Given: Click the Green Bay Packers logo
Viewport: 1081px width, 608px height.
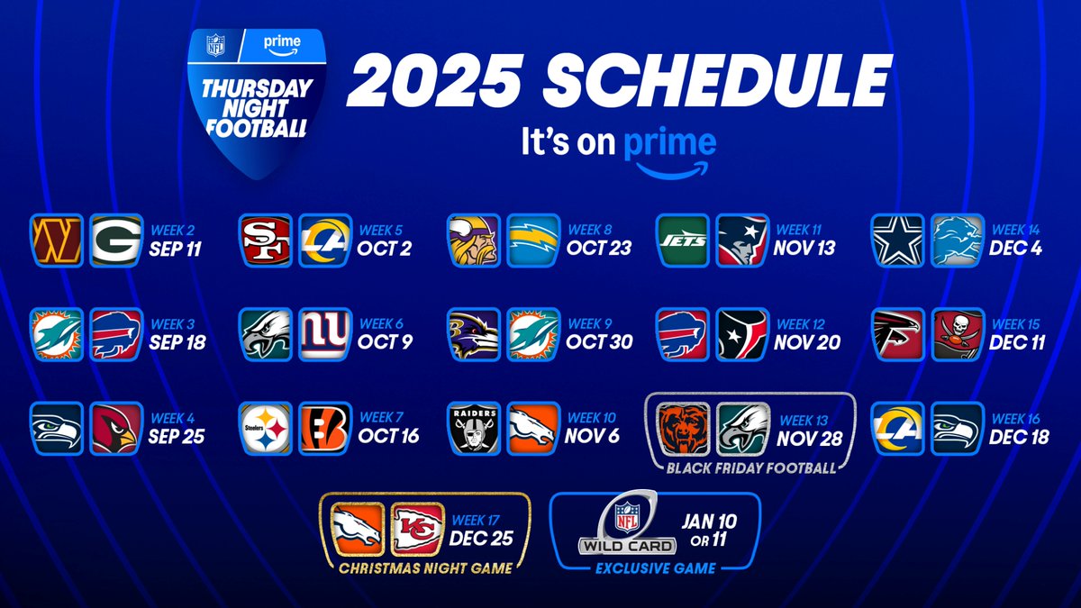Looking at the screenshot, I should [x=117, y=240].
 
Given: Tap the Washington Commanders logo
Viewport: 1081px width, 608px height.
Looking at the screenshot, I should [x=56, y=240].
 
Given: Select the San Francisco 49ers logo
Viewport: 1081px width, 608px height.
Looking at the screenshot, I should [x=265, y=240].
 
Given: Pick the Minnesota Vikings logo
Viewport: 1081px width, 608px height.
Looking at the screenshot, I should [x=474, y=240].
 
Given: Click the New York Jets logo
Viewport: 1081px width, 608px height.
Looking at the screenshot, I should [x=683, y=240].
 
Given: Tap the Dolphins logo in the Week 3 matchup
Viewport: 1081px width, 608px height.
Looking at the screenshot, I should [x=56, y=333].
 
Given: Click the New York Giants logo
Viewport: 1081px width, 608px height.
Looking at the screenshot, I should [x=325, y=333].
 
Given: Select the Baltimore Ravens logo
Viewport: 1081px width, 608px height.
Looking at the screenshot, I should [x=474, y=333].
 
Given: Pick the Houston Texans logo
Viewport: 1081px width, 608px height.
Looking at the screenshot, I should [x=743, y=333].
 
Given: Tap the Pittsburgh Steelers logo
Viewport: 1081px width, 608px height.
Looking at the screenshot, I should [x=265, y=428].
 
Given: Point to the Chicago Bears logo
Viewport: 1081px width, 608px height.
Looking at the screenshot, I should [x=683, y=428].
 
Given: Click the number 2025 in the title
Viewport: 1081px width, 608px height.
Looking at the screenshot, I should [x=431, y=85].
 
